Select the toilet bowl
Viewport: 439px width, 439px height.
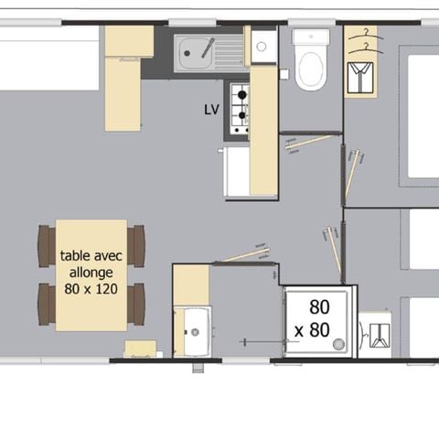point(311,68)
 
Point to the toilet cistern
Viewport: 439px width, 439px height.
point(311,38)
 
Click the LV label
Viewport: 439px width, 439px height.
point(211,109)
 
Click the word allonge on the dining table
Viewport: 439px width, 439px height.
point(91,272)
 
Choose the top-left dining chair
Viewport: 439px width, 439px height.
point(46,245)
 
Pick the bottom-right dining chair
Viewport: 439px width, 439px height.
point(136,303)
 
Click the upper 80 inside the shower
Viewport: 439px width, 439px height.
point(319,306)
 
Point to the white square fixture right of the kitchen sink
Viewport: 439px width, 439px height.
point(263,44)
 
